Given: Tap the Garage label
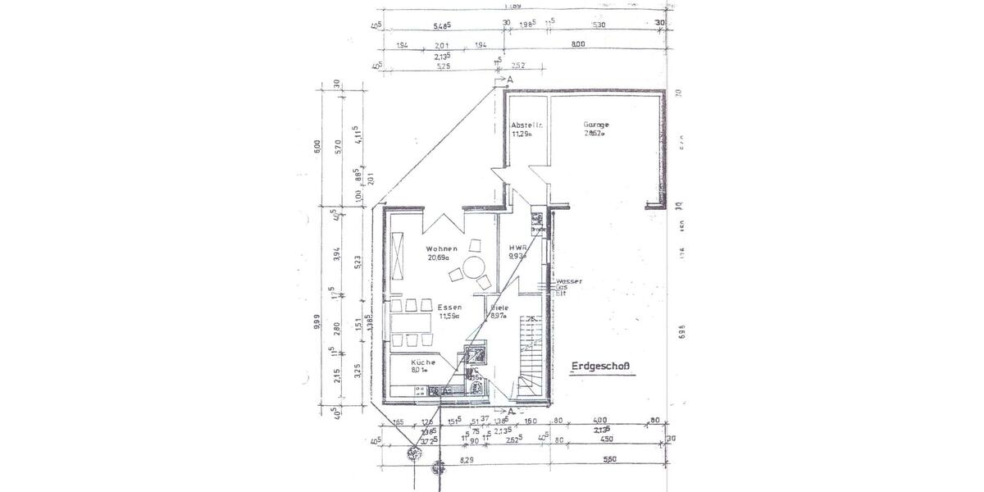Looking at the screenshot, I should click(x=597, y=125).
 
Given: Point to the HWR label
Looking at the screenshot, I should click(x=517, y=248).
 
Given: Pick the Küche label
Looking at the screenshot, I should click(x=423, y=362).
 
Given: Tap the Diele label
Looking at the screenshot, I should click(x=499, y=308).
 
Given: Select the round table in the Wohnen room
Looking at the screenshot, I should click(x=472, y=267).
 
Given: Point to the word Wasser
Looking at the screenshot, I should click(x=569, y=281).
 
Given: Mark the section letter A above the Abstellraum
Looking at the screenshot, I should click(x=509, y=80).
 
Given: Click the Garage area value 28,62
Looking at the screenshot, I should click(x=594, y=134).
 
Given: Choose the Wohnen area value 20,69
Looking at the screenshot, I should click(x=439, y=257).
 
